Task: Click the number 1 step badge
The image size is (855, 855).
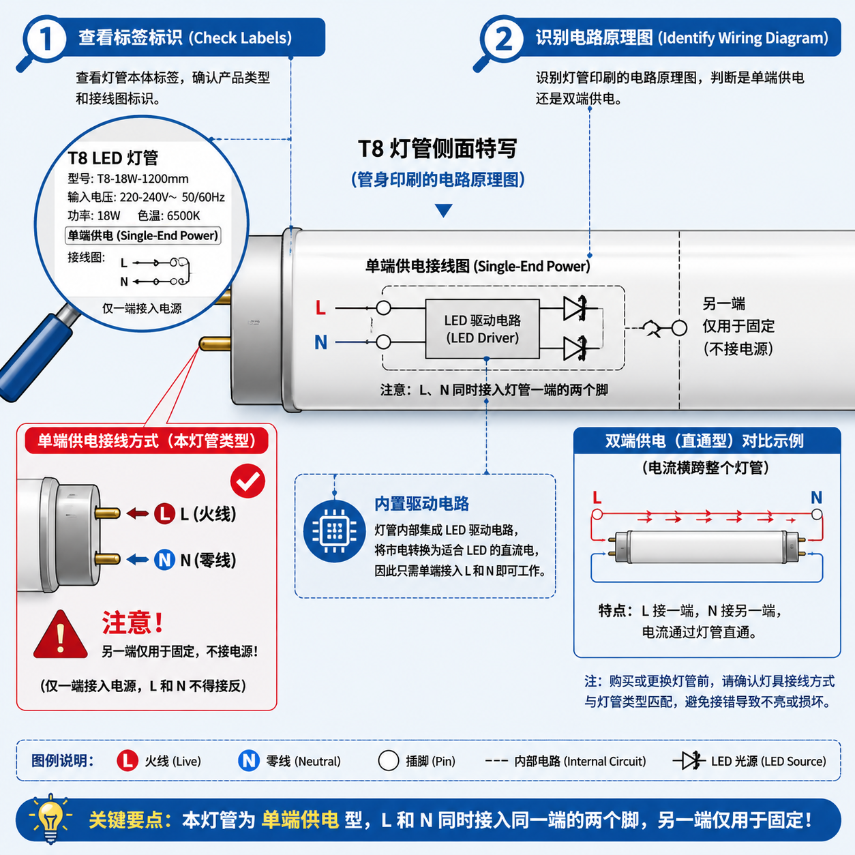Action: point(45,39)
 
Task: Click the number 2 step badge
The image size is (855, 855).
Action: point(502,39)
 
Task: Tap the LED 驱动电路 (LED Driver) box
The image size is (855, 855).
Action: point(482,329)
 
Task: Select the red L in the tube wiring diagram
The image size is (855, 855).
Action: point(320,308)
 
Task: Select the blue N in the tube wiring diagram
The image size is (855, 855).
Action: point(320,342)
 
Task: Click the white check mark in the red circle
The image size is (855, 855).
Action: point(247,481)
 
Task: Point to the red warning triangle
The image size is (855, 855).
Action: point(61,635)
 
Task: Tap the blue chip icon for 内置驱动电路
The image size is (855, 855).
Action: point(334,530)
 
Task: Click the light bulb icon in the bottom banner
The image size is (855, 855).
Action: point(50,817)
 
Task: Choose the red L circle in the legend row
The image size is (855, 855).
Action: point(127,760)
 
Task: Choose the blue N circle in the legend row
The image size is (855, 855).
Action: point(249,760)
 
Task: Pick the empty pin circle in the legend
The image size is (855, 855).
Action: point(388,760)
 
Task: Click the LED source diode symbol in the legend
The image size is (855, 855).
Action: point(689,760)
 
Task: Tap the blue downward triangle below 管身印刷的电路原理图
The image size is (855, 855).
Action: point(444,210)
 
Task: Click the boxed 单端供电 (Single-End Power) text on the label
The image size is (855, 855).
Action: point(142,236)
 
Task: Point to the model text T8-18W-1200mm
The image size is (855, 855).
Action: point(142,179)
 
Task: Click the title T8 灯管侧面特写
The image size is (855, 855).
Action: point(437,148)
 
